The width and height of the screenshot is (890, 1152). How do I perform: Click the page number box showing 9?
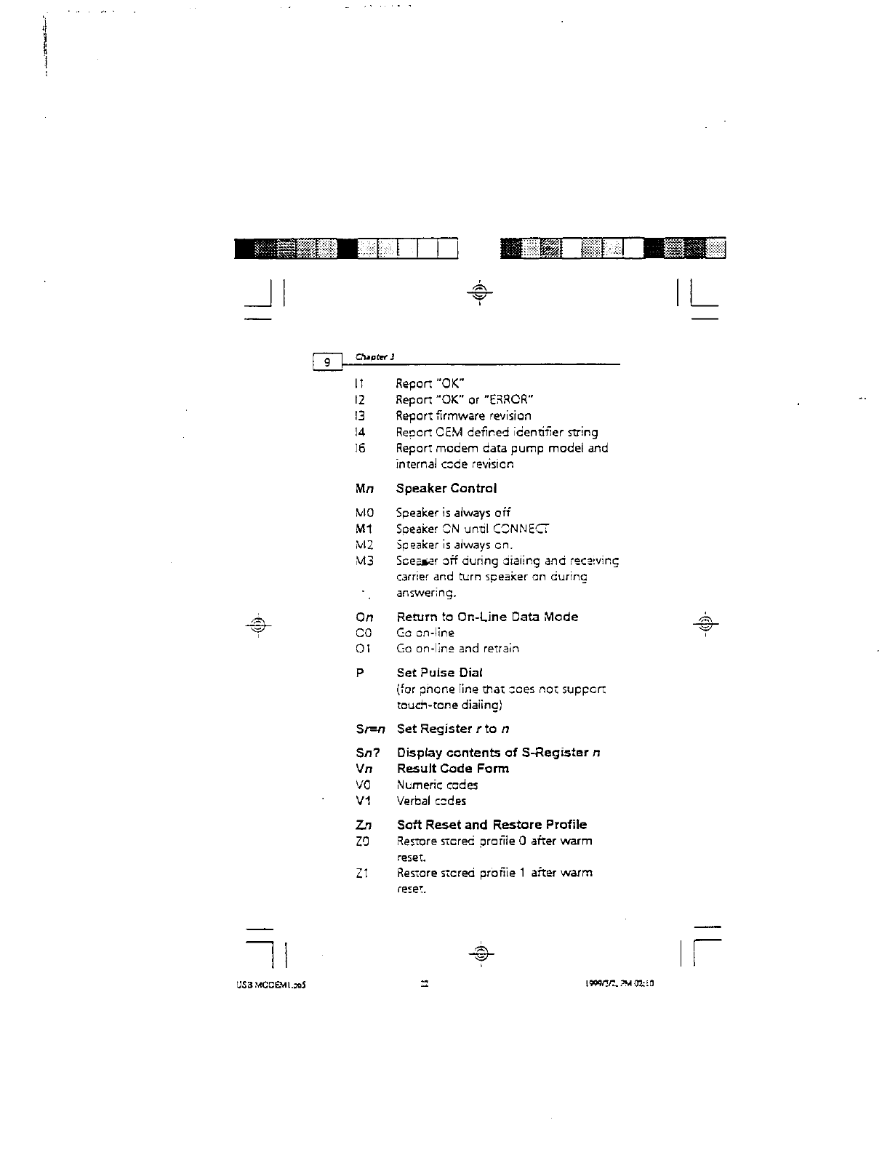tap(327, 361)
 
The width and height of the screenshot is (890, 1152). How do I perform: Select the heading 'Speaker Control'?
tap(446, 489)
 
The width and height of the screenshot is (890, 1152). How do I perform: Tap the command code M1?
tap(364, 529)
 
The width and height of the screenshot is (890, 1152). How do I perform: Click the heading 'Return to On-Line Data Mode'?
tap(487, 617)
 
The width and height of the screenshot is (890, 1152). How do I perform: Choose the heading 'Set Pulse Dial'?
tap(439, 673)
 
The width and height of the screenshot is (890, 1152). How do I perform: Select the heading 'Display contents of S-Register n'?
tap(498, 753)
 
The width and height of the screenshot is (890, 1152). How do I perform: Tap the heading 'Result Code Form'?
tap(452, 769)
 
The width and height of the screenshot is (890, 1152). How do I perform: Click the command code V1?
tap(364, 801)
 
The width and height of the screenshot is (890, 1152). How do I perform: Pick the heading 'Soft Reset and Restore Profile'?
tap(492, 825)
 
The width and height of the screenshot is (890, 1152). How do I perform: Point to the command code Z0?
tap(364, 841)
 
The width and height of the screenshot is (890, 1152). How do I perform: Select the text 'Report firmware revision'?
tap(463, 416)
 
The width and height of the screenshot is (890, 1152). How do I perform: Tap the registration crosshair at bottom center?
tap(480, 953)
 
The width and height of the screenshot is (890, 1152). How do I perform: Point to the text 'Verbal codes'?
tap(431, 801)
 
